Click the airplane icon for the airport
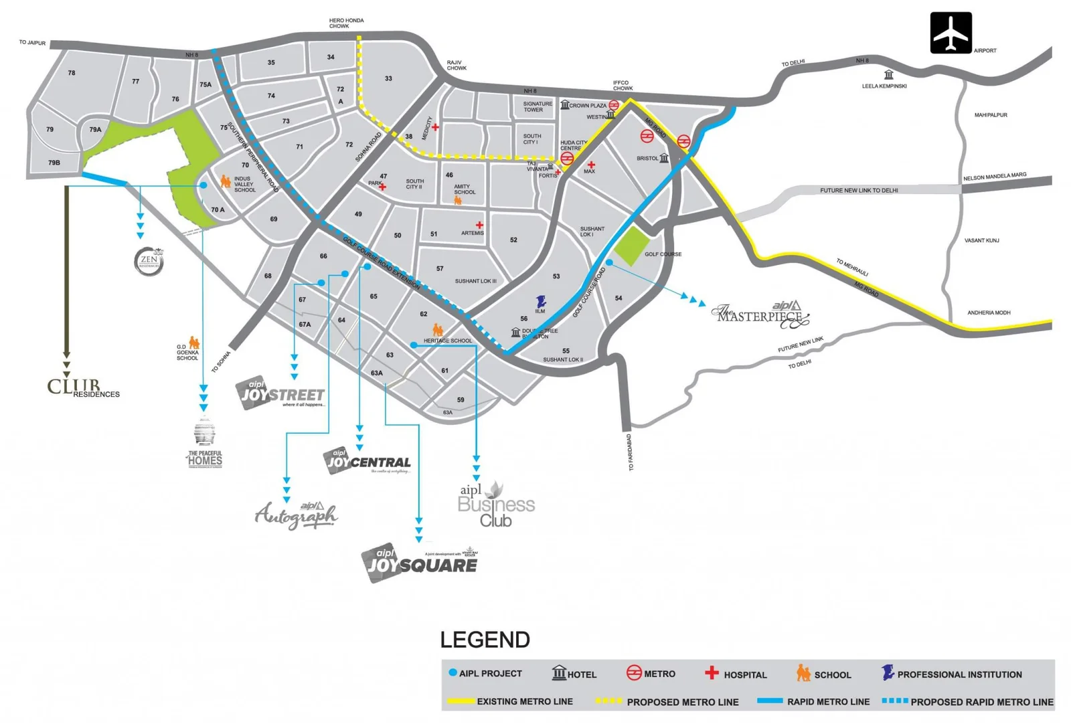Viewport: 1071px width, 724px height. pos(951,33)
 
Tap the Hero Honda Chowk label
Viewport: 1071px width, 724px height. pos(346,23)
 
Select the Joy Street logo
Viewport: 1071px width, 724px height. pos(282,393)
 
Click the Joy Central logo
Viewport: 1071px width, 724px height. pos(368,462)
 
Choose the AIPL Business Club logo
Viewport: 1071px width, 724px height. pos(496,505)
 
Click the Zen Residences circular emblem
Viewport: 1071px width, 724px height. pos(149,261)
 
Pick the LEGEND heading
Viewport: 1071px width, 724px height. pos(485,640)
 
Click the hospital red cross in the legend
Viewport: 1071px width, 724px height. pos(712,672)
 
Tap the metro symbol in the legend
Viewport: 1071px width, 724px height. pos(633,673)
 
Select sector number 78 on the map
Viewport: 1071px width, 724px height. pos(72,73)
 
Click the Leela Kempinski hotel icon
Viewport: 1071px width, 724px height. pos(888,75)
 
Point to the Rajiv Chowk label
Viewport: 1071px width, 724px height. pos(457,65)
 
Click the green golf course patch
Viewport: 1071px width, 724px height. pos(632,246)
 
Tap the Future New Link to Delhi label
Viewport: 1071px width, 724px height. pos(859,191)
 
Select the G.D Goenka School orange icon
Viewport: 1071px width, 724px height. pos(194,343)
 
